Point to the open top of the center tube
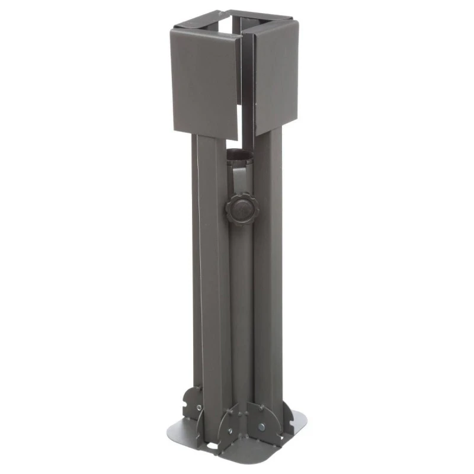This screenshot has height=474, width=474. pos(240,155)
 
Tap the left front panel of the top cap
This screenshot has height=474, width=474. pos(205,83)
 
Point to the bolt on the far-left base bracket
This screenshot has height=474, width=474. pos(199,408)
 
